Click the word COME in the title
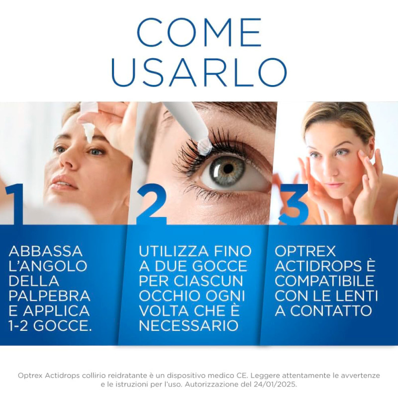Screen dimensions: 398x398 coord(199,32)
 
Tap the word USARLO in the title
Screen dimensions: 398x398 coord(199,73)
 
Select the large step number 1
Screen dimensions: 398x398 coord(14,204)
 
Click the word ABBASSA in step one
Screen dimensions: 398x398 coord(46,251)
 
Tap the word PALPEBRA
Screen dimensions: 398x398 coord(49,296)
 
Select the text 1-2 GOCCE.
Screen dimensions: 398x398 coord(50,326)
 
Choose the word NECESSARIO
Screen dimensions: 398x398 coord(189,326)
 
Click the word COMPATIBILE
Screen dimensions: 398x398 coord(325,281)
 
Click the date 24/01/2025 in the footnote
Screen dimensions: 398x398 coord(275,384)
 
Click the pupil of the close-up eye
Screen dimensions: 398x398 coord(228,168)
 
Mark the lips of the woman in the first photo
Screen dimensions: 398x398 coord(64,184)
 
